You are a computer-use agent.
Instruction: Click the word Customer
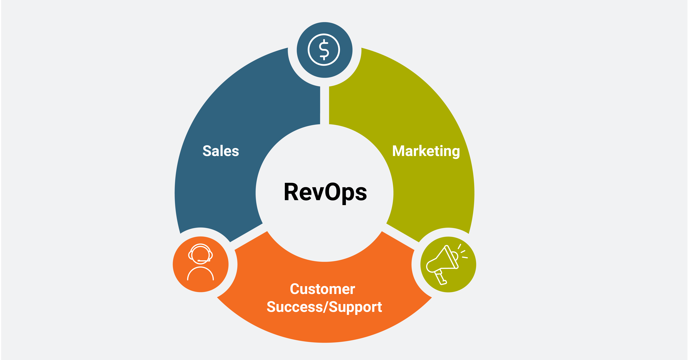[322, 289]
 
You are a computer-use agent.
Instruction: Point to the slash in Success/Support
[326, 307]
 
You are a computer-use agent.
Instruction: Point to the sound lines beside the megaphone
[463, 252]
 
